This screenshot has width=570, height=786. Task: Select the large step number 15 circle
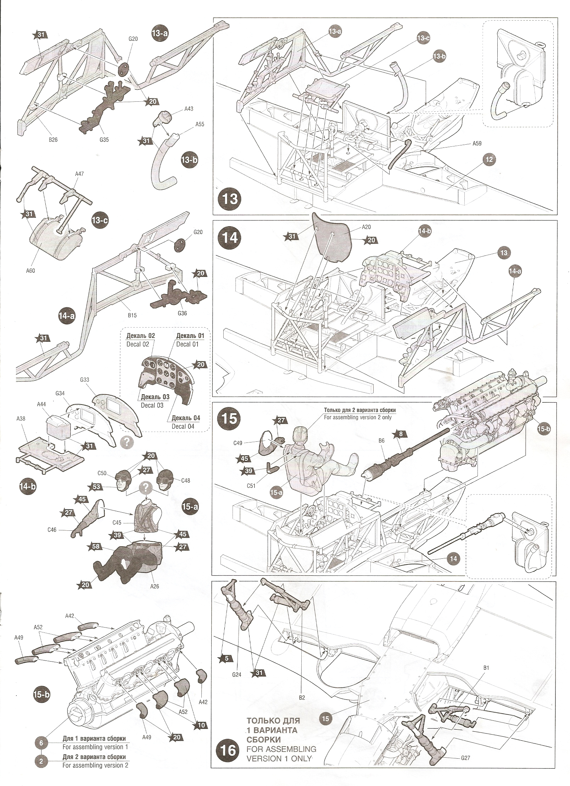coord(229,419)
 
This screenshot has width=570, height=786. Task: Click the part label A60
coord(30,271)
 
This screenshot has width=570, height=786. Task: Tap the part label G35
coord(104,140)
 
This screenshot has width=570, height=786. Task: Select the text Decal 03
coord(152,405)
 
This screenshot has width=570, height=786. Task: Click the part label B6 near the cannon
coord(381,440)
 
